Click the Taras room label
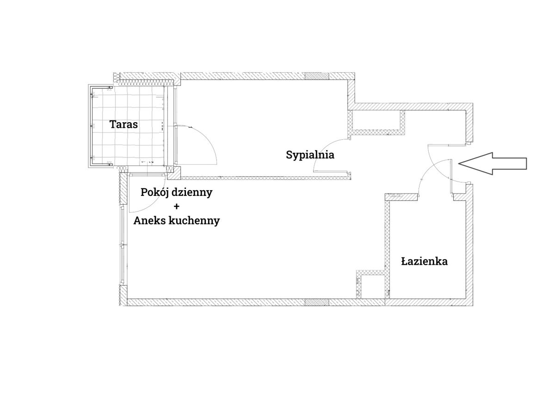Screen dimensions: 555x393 [x=123, y=124]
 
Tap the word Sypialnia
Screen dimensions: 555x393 [x=310, y=155]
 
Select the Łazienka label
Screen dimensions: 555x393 [x=424, y=262]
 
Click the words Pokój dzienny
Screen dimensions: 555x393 [x=176, y=193]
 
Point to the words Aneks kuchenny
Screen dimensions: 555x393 [x=177, y=220]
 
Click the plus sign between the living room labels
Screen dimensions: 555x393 [x=176, y=206]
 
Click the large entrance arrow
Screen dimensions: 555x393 [x=493, y=164]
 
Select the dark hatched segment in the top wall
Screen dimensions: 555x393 [x=317, y=76]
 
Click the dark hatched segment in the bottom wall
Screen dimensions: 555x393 [x=317, y=302]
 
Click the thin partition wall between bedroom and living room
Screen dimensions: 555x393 [x=265, y=178]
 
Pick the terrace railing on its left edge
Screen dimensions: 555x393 [x=91, y=126]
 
